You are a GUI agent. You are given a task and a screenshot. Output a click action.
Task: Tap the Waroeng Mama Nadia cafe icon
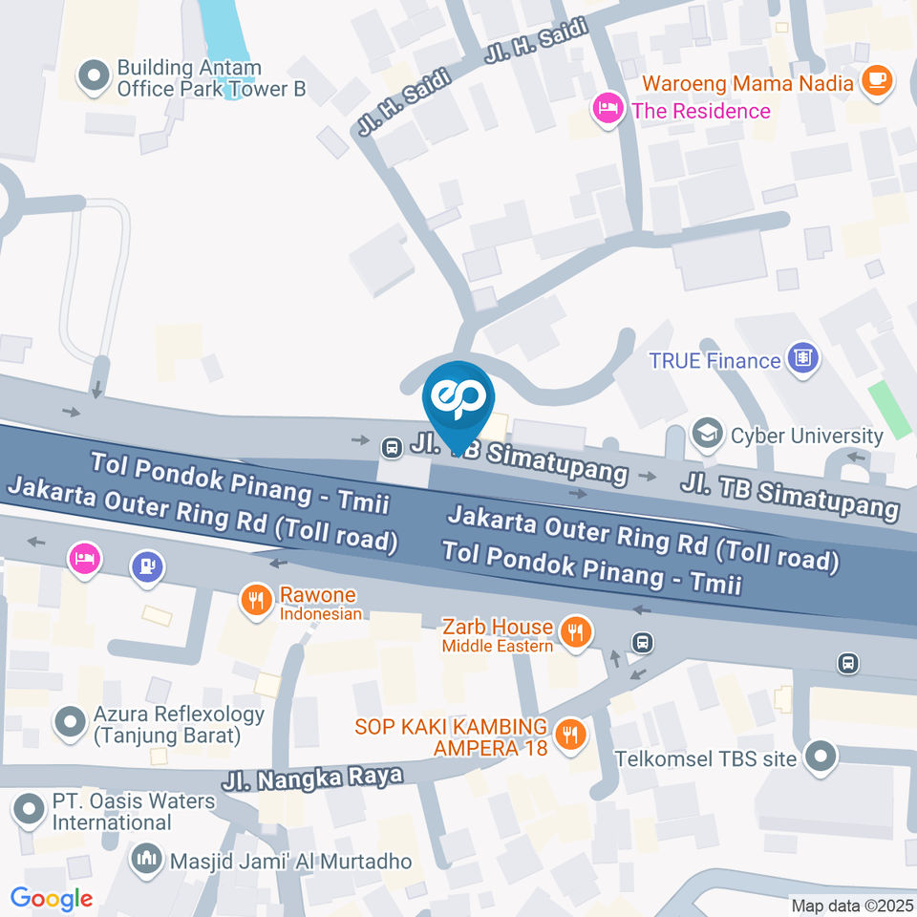click(x=876, y=82)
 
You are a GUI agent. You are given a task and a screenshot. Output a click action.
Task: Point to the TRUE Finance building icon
click(x=803, y=360)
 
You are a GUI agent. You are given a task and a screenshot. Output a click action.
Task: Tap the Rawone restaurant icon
click(x=254, y=602)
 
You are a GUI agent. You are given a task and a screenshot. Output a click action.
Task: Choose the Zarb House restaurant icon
click(x=576, y=632)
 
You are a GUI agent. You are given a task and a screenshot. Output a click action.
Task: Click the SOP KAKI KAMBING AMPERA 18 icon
click(x=571, y=734)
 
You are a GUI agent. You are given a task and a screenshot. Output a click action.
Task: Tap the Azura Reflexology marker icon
click(x=70, y=723)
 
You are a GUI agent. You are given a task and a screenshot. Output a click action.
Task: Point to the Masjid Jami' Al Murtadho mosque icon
click(x=147, y=860)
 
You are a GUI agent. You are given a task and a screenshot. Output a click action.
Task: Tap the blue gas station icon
click(x=147, y=566)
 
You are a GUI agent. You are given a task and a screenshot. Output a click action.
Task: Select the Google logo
click(x=52, y=898)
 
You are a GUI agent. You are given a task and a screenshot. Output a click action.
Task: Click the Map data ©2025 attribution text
click(x=851, y=905)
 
